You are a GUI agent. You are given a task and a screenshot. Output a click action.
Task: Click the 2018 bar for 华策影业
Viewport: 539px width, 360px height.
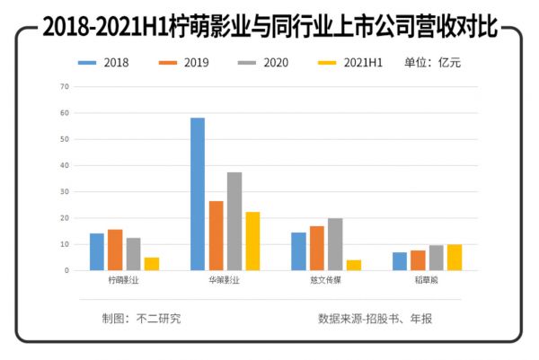click(198, 194)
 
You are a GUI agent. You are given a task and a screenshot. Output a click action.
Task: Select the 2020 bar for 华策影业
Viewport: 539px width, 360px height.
click(234, 221)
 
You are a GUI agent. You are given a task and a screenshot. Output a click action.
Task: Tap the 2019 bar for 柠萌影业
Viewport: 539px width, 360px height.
click(115, 250)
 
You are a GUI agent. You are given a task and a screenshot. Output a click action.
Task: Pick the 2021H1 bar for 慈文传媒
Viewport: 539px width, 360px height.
click(354, 265)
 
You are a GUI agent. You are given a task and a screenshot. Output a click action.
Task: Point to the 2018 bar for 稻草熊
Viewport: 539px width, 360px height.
click(400, 261)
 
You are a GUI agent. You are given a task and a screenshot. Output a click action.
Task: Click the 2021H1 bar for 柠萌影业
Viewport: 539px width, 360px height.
click(152, 264)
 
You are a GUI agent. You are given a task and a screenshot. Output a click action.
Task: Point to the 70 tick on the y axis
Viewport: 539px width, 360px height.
click(64, 87)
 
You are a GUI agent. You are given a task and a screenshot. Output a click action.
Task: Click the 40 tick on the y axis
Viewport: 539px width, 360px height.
click(64, 165)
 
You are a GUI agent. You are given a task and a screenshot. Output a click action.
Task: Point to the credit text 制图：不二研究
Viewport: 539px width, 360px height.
click(142, 319)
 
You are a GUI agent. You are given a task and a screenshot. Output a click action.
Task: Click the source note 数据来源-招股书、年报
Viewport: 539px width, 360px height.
click(381, 319)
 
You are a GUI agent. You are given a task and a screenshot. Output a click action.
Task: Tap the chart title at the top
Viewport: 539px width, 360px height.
click(269, 27)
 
